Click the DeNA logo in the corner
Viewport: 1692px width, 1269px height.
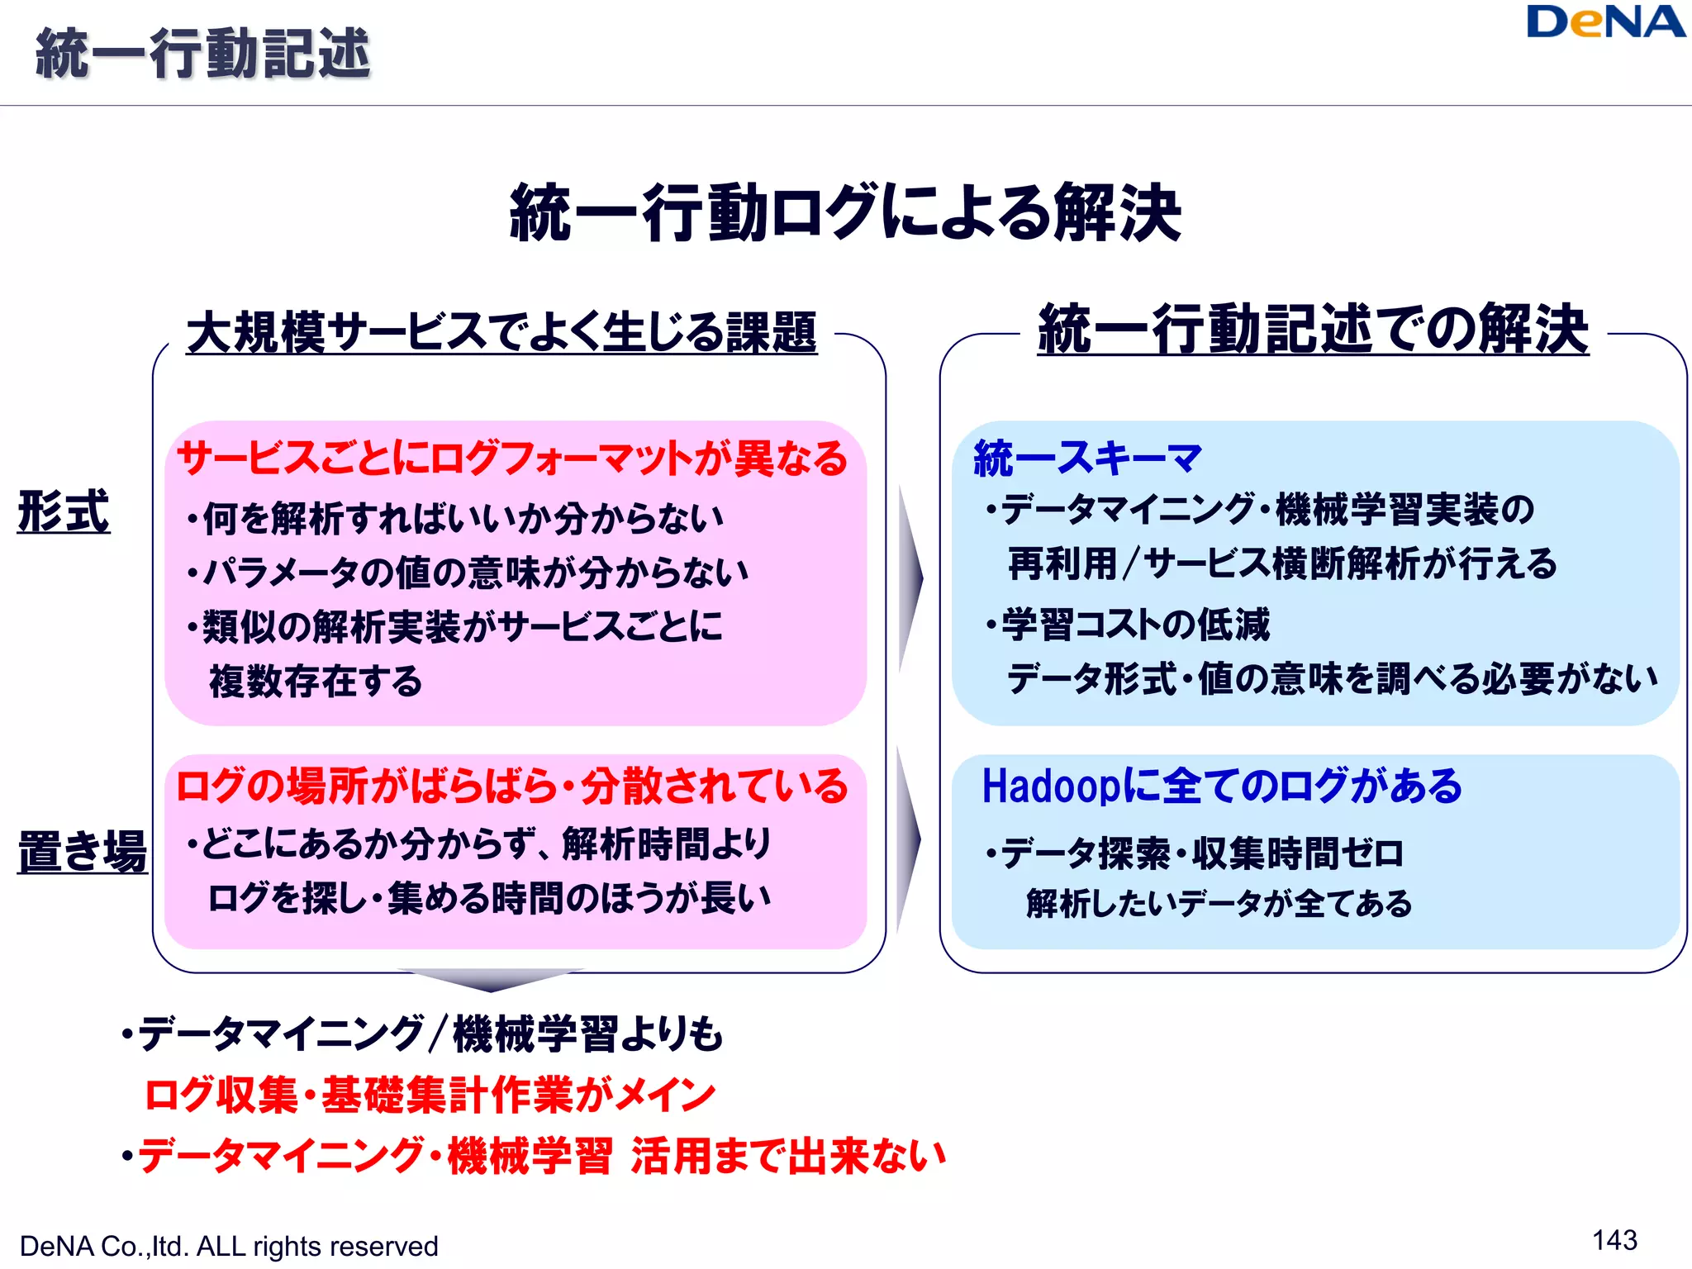(1604, 23)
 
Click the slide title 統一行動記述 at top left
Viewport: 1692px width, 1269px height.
(203, 54)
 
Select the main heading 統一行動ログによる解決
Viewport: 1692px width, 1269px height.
(845, 213)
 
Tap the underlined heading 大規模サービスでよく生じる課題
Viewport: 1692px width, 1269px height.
(501, 332)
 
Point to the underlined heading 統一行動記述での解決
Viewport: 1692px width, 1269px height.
(1313, 329)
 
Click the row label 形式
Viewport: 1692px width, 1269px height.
(64, 511)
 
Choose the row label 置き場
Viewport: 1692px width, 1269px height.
(82, 851)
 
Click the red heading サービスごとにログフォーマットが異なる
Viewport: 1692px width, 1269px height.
(512, 459)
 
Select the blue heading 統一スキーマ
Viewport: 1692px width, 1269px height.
(1087, 458)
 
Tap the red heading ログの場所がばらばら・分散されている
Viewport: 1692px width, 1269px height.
(512, 786)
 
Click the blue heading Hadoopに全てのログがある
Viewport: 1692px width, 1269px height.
(1221, 786)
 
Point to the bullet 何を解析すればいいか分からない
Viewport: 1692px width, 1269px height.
(456, 519)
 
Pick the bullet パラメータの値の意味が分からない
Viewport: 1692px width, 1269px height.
(468, 573)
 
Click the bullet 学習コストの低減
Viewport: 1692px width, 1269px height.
(1129, 625)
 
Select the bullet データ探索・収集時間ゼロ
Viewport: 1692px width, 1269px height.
(1195, 853)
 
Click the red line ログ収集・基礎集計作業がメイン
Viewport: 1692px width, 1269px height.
(430, 1096)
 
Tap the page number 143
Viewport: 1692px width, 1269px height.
(1614, 1240)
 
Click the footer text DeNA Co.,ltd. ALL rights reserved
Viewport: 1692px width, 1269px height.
(229, 1246)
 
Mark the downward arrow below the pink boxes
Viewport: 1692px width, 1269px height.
(491, 980)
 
